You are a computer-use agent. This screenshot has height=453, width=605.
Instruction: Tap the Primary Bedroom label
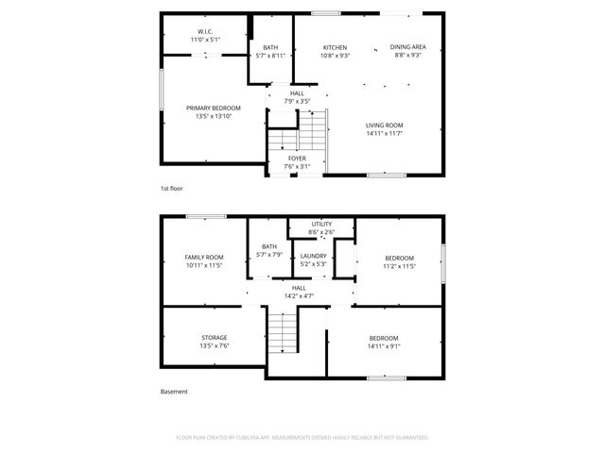tap(213, 109)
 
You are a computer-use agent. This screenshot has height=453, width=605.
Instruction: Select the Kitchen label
tap(336, 48)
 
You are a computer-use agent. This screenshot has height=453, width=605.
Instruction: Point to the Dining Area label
tap(407, 48)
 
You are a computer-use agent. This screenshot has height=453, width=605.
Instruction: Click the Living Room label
tap(385, 126)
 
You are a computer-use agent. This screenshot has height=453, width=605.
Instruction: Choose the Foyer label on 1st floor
tap(297, 159)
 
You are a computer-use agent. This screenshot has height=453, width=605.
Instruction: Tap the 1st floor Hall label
tap(297, 93)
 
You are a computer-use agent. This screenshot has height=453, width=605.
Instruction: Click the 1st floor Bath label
tap(270, 48)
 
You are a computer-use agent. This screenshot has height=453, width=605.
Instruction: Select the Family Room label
tap(203, 258)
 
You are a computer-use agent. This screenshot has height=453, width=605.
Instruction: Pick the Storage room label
tap(214, 338)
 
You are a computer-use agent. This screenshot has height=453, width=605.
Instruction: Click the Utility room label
tap(321, 225)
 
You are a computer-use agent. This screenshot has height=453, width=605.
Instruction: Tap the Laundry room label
tap(314, 256)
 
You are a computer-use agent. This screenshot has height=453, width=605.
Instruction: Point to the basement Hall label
tap(299, 288)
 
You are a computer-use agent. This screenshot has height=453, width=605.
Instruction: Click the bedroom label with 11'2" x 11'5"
tap(400, 258)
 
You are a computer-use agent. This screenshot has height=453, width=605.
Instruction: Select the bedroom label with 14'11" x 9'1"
tap(383, 338)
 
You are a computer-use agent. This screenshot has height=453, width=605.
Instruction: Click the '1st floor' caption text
tap(172, 189)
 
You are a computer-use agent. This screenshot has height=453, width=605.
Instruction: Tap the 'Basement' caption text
tap(174, 392)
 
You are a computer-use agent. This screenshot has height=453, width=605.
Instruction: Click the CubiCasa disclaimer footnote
tap(302, 438)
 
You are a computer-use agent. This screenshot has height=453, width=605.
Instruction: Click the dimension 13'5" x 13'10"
tap(213, 116)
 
